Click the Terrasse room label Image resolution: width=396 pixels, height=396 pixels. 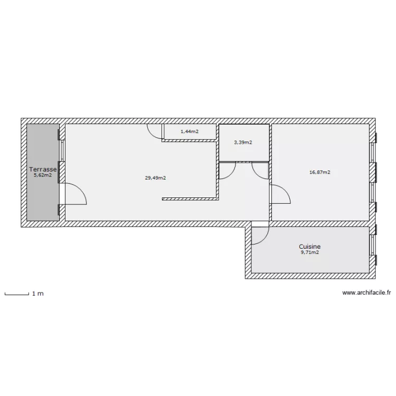pyautogui.click(x=43, y=169)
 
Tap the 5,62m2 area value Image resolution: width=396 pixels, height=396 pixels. pyautogui.click(x=43, y=175)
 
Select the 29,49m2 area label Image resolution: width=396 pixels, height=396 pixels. pyautogui.click(x=155, y=178)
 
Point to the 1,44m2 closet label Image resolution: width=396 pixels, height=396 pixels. pyautogui.click(x=190, y=131)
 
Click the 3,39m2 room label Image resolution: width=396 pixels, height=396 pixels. pyautogui.click(x=243, y=143)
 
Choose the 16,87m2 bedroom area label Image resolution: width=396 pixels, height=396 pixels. pyautogui.click(x=320, y=172)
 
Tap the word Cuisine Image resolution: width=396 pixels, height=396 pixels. pyautogui.click(x=309, y=247)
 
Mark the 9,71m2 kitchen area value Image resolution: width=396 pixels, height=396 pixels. pyautogui.click(x=309, y=252)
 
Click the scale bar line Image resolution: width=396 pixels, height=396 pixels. pyautogui.click(x=17, y=294)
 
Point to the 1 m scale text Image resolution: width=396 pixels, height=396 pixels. pyautogui.click(x=38, y=294)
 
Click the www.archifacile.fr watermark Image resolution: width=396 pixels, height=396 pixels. pyautogui.click(x=366, y=293)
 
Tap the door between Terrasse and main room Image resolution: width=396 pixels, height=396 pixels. pyautogui.click(x=76, y=194)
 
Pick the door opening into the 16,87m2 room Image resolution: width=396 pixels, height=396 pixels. pyautogui.click(x=281, y=194)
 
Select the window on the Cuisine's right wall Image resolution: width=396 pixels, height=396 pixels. pyautogui.click(x=372, y=245)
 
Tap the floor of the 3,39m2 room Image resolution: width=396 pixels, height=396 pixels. pyautogui.click(x=244, y=152)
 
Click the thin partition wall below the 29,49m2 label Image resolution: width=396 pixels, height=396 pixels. pyautogui.click(x=190, y=199)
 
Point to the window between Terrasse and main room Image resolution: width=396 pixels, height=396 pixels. pyautogui.click(x=62, y=151)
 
